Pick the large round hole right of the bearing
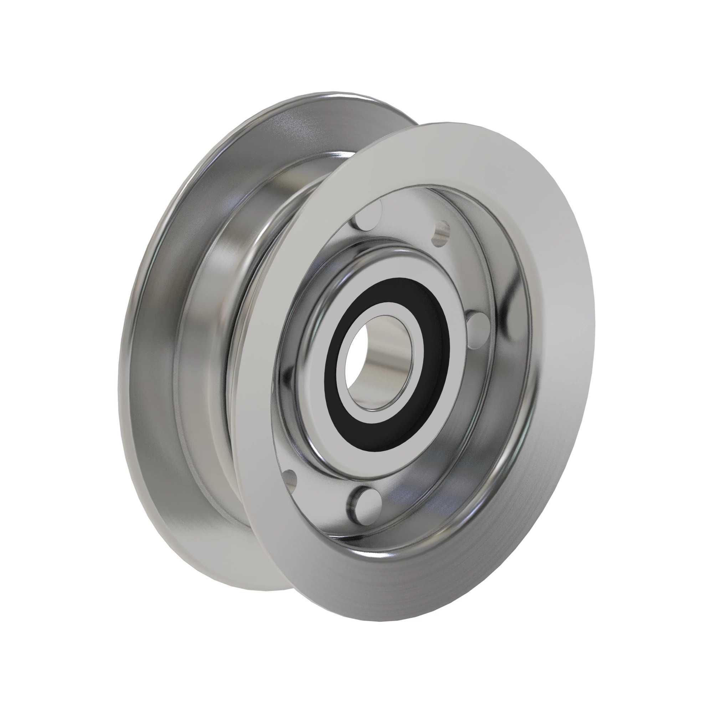tap(478, 328)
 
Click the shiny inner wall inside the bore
tap(380, 364)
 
